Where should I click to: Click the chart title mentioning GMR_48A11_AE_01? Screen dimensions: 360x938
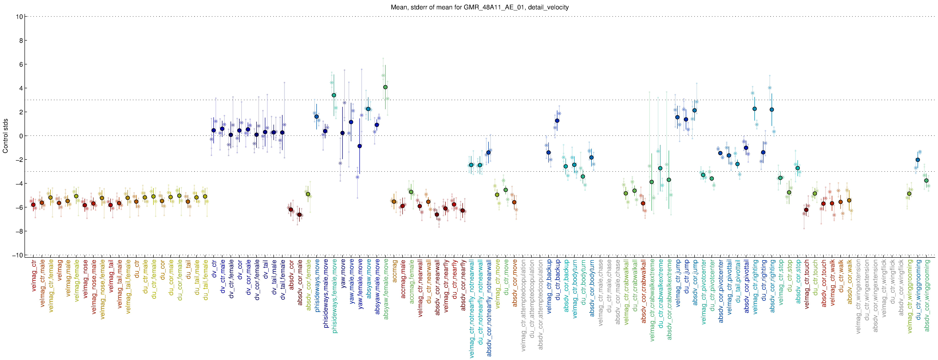480,7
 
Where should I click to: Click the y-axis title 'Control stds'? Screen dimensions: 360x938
5,136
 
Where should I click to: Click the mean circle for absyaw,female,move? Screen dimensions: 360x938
385,87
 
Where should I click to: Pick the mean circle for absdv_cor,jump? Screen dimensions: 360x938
694,110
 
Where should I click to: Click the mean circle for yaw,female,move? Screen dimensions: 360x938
359,146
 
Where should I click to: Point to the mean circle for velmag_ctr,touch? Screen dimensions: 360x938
806,210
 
